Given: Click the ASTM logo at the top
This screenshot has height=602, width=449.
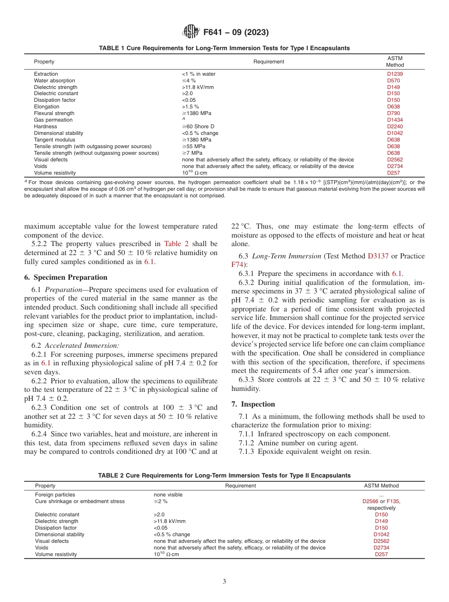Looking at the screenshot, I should pos(191,32).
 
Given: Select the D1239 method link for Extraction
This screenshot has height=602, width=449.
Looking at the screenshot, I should pos(395,74).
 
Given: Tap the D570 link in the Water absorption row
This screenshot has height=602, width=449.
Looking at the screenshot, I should pos(393,80).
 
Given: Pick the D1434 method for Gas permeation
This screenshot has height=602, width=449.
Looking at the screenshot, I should pos(395,120).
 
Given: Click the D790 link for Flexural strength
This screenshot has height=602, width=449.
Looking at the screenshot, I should pos(393,113).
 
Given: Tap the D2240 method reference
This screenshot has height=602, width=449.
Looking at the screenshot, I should pos(395,126).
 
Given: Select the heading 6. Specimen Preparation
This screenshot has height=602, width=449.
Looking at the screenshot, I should pos(65,277).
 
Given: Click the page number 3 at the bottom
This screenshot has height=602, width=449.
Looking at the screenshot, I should pos(224,582).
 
